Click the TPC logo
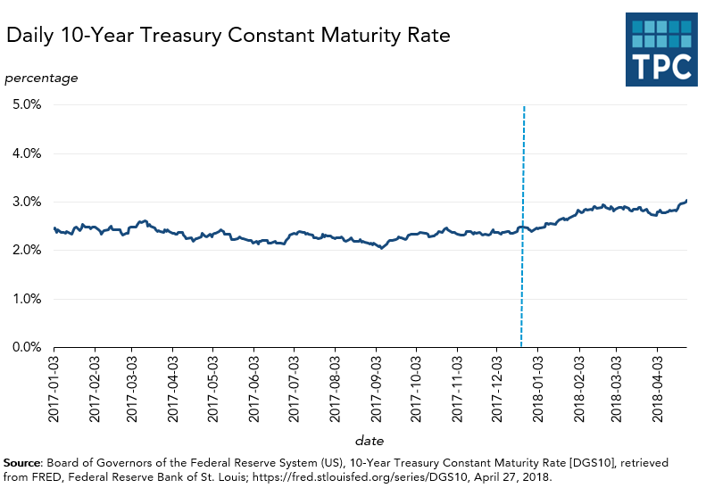pos(660,50)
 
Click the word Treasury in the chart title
pos(195,37)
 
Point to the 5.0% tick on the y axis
pos(27,105)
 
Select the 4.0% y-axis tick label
pos(27,153)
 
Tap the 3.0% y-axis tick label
pos(27,202)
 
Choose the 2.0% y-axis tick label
pos(27,251)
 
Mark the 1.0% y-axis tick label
pos(27,299)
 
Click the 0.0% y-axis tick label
pos(27,347)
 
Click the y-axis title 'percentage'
pos(41,78)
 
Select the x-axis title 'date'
pos(370,440)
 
